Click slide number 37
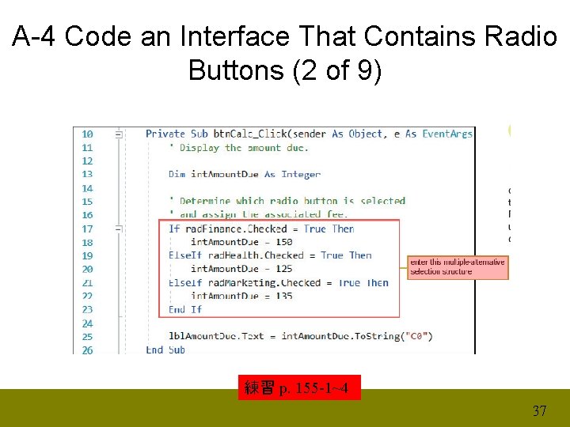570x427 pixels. click(539, 410)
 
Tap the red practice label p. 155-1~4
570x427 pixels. click(299, 387)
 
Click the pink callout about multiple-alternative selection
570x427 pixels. click(458, 266)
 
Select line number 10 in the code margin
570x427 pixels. click(87, 134)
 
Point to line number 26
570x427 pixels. click(87, 350)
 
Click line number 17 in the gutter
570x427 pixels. click(87, 229)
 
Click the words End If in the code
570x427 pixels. click(185, 309)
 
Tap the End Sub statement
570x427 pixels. click(165, 350)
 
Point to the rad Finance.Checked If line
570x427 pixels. click(261, 229)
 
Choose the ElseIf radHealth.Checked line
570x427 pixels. click(270, 255)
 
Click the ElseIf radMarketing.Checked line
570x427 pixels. click(279, 282)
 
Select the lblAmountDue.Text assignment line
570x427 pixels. click(300, 336)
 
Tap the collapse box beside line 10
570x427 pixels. click(118, 134)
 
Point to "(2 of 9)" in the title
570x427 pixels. click(337, 70)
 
